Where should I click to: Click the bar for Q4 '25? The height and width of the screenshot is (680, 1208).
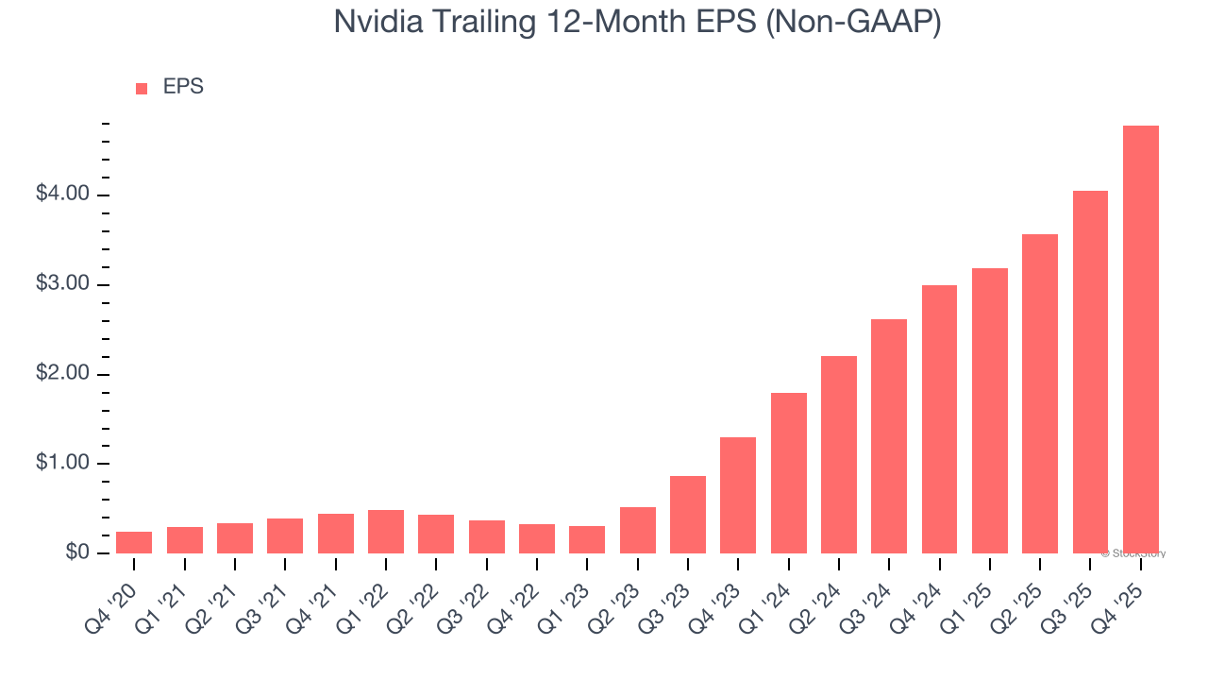pos(1140,339)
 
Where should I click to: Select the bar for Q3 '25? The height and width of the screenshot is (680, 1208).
pos(1090,372)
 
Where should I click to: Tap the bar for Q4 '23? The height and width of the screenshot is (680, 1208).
pos(738,495)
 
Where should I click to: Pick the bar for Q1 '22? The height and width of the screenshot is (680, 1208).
pos(386,532)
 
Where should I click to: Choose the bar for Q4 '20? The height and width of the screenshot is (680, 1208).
pos(134,542)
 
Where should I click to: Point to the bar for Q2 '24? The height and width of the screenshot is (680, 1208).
pos(839,454)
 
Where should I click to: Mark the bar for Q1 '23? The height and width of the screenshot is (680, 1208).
pos(587,539)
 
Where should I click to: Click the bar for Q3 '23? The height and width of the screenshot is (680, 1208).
pos(688,515)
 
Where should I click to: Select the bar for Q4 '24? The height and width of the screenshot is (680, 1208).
pos(939,419)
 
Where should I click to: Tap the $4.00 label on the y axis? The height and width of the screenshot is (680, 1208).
pos(62,195)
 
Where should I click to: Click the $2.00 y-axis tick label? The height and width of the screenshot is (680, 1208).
pos(62,374)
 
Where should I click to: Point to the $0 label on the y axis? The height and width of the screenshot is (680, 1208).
pos(77,553)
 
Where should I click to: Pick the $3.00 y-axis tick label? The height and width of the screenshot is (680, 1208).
pos(62,284)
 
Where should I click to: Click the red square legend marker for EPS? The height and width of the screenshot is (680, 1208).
pos(142,89)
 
